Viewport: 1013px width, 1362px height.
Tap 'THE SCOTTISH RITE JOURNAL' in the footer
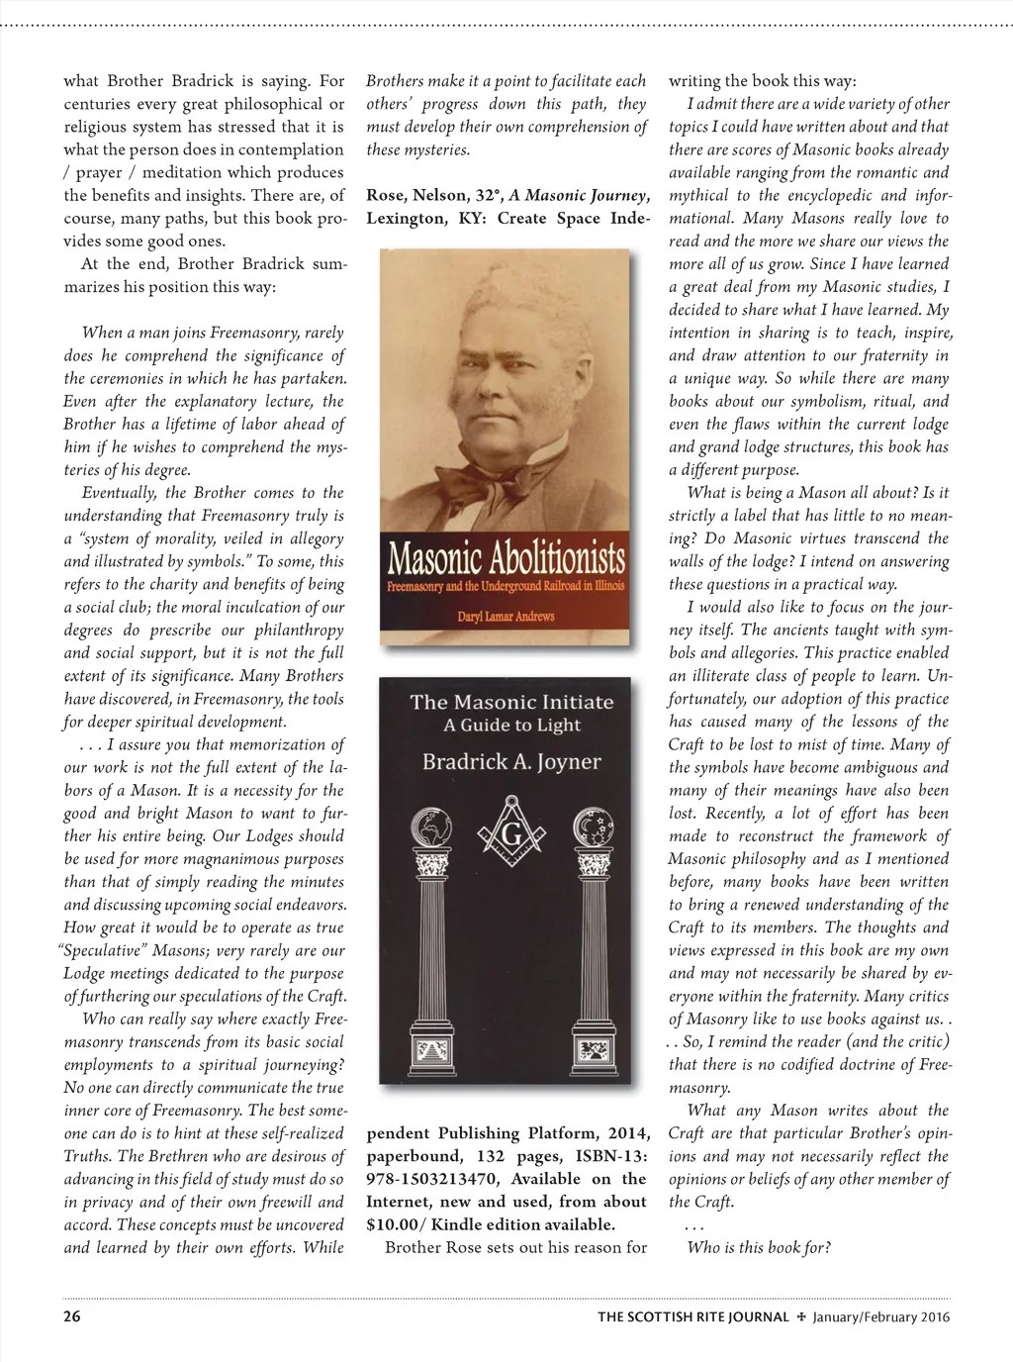(692, 1316)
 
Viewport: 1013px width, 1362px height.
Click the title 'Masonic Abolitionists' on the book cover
(506, 561)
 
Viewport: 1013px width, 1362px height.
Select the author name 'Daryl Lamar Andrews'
(505, 616)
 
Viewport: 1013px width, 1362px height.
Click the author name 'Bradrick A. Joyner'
(511, 762)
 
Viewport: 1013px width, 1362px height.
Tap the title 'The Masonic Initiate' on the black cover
(511, 702)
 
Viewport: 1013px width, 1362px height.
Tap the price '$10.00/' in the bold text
(400, 1224)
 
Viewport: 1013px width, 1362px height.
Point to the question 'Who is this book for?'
(759, 1247)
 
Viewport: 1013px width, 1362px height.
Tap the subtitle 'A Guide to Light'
(511, 725)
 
